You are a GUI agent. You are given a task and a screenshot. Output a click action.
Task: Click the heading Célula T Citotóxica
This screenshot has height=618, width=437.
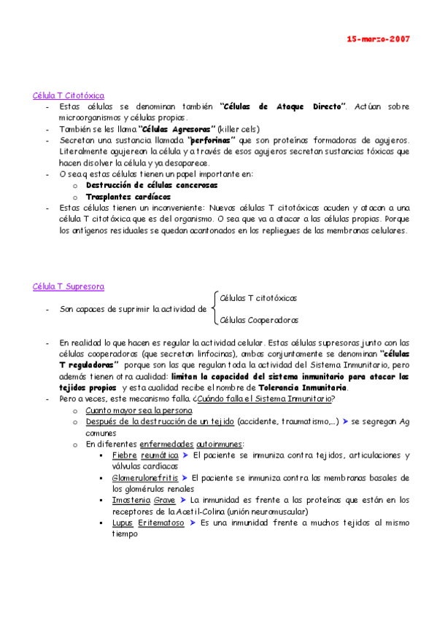pyautogui.click(x=69, y=95)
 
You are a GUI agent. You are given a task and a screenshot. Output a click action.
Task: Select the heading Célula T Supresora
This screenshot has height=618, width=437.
pyautogui.click(x=69, y=286)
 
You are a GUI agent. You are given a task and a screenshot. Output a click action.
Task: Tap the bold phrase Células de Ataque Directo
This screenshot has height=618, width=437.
pyautogui.click(x=282, y=106)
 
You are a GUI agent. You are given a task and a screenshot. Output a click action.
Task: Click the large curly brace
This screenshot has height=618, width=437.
pyautogui.click(x=212, y=308)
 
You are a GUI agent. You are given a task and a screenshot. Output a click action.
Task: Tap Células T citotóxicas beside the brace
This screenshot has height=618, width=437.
pyautogui.click(x=258, y=297)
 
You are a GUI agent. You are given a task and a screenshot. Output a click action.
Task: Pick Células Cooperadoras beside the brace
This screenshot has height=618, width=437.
pyautogui.click(x=259, y=319)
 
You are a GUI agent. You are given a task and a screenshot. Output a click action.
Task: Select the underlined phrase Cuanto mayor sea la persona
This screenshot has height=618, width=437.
pyautogui.click(x=139, y=410)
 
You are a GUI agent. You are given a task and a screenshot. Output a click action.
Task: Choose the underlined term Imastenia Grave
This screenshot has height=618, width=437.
pyautogui.click(x=144, y=500)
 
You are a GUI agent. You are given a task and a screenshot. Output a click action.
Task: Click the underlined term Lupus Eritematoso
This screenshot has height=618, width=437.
pyautogui.click(x=149, y=523)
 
